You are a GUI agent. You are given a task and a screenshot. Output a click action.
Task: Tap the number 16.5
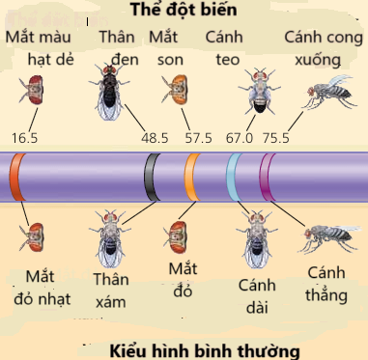coord(25,138)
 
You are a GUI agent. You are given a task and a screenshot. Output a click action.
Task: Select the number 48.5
coord(155,138)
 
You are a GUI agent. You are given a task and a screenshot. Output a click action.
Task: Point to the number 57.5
coord(198,138)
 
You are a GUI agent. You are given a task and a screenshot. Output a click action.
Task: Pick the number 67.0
coord(239,138)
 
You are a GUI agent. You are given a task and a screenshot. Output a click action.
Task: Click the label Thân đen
coord(117,45)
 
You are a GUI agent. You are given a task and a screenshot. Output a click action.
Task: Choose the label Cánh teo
coord(224,45)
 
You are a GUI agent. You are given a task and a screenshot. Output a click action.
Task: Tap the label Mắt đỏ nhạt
coord(43,289)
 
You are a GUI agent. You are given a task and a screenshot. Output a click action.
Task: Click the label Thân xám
coord(111,289)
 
